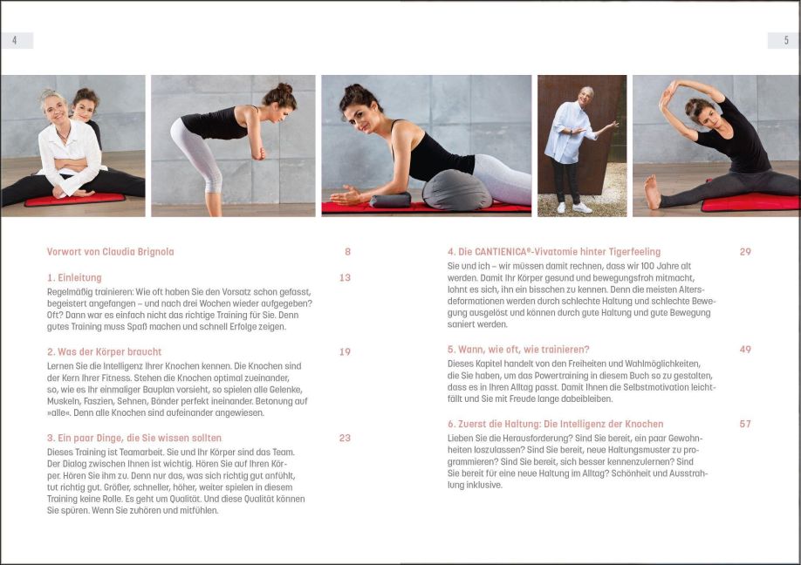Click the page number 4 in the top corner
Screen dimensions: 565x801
coord(15,40)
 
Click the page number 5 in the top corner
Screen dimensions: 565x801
coord(785,40)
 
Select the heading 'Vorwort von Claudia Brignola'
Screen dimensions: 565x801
coord(110,252)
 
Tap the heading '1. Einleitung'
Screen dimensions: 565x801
coord(74,278)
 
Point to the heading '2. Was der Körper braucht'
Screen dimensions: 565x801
coord(104,352)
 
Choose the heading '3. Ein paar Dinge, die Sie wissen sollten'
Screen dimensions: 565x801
coord(134,438)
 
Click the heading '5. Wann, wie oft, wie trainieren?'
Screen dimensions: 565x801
coord(518,350)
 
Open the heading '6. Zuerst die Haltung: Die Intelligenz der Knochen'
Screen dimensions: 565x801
coord(555,424)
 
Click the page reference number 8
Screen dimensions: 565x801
coord(347,252)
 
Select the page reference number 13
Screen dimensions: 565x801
coord(345,278)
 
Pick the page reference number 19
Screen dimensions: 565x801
coord(345,352)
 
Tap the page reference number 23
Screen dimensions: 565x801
coord(345,438)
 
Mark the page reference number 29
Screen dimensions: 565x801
coord(745,252)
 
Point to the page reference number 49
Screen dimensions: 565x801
coord(745,350)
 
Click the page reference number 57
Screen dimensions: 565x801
coord(745,424)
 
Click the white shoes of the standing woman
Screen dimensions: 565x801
coord(573,208)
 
